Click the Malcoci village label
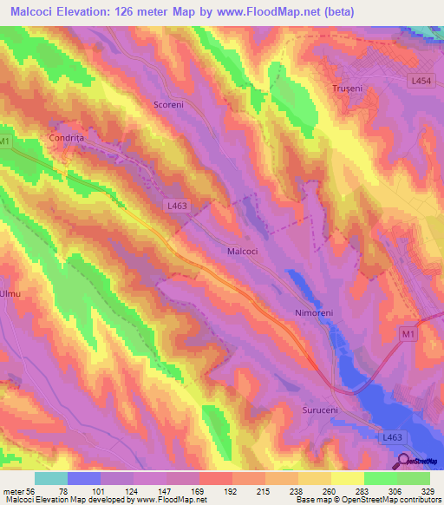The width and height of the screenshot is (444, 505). click(242, 251)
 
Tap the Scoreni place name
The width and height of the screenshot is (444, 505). click(168, 104)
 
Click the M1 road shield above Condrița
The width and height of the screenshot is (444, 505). click(6, 141)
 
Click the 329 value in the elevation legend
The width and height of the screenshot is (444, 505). click(429, 490)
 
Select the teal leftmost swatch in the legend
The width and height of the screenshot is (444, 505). click(50, 478)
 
